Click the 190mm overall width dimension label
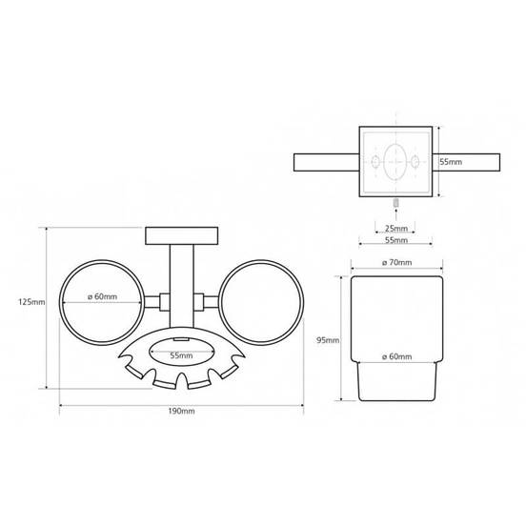click(x=181, y=411)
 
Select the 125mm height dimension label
click(x=31, y=302)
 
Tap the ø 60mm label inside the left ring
click(x=102, y=296)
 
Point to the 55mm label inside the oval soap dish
click(x=181, y=355)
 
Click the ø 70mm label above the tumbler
click(x=396, y=262)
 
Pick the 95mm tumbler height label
click(x=328, y=340)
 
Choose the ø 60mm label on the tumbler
click(x=396, y=356)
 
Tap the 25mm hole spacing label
click(x=396, y=229)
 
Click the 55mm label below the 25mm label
click(x=396, y=240)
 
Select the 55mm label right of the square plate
click(x=451, y=162)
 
